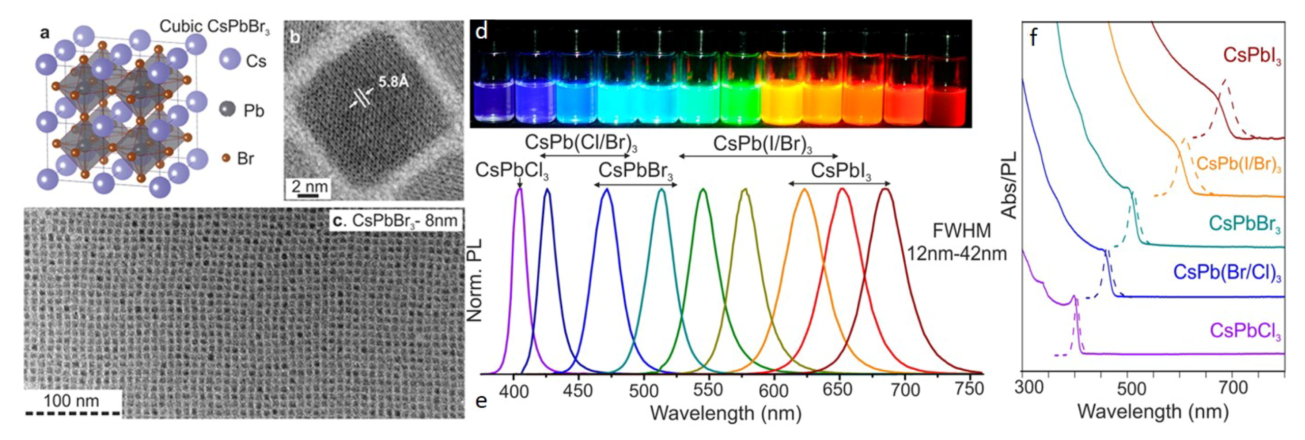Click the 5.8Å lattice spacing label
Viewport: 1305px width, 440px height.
393,81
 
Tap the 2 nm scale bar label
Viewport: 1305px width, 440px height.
309,186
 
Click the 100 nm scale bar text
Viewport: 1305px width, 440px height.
71,401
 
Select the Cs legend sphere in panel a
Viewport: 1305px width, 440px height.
230,60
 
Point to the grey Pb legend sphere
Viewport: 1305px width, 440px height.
227,108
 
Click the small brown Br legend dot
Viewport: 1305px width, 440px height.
226,158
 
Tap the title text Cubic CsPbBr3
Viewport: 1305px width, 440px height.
214,27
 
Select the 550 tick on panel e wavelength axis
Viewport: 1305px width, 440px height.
707,390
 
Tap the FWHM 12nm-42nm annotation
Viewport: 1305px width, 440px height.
957,242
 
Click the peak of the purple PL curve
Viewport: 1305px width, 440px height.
520,189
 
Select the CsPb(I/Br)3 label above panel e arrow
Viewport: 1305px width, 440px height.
762,144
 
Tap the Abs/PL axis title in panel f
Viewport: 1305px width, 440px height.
1009,184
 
